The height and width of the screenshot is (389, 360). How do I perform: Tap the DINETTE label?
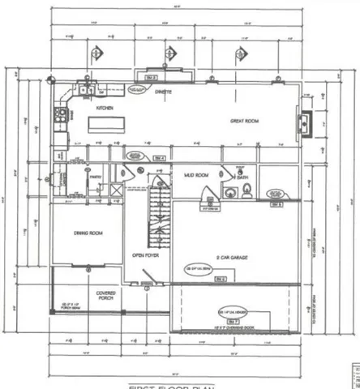(166, 92)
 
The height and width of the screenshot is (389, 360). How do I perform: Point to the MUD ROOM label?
(192, 174)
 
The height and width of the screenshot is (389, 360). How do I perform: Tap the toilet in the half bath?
(246, 191)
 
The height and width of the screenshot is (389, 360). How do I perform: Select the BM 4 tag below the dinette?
(159, 158)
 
